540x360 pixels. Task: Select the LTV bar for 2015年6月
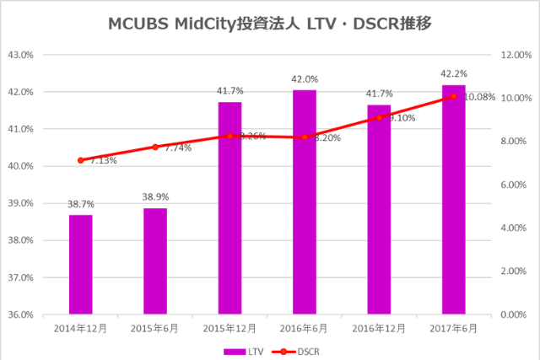click(155, 261)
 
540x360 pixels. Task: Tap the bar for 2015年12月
click(229, 207)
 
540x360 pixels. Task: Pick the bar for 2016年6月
click(305, 201)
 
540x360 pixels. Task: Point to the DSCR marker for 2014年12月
click(80, 160)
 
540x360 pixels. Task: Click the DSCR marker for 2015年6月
click(155, 147)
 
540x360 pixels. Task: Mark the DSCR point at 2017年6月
click(453, 96)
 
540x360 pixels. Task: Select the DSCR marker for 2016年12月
click(379, 117)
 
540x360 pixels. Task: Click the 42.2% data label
click(454, 73)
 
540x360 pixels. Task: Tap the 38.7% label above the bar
click(81, 205)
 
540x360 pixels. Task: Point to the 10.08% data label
click(480, 97)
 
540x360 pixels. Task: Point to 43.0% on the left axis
click(19, 55)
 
